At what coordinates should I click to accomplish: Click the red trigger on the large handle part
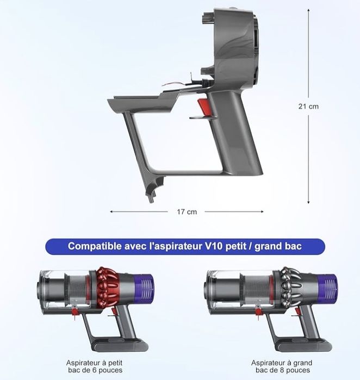pyautogui.click(x=202, y=107)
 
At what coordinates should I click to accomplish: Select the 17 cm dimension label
pyautogui.click(x=188, y=211)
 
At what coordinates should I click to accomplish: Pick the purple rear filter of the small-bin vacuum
pyautogui.click(x=145, y=287)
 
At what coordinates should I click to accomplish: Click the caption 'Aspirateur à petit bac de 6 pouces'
pyautogui.click(x=94, y=366)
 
